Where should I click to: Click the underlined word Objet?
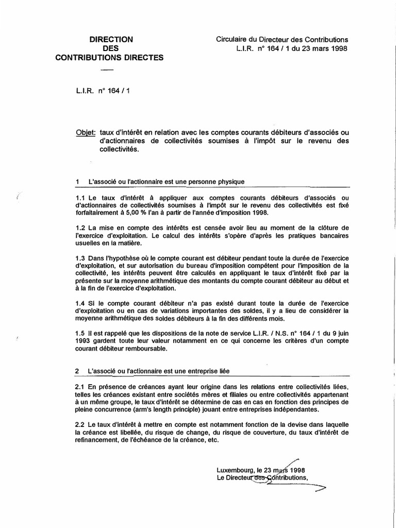(86, 133)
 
